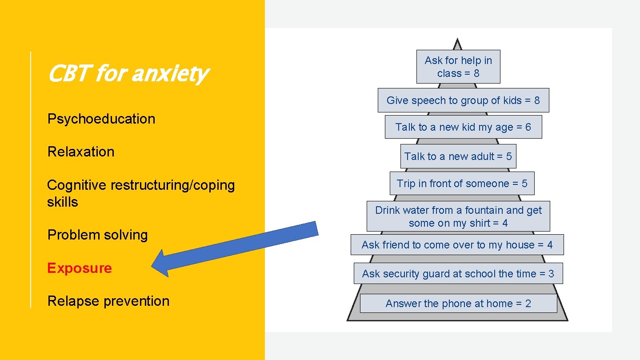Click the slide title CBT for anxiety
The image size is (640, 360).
(127, 74)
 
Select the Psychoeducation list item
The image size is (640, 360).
(101, 119)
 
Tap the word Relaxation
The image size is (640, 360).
(81, 152)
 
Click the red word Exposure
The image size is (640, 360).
(80, 268)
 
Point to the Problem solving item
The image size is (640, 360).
(97, 235)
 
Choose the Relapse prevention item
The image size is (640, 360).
(108, 301)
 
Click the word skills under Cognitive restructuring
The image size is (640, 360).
(62, 202)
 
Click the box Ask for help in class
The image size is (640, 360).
(458, 67)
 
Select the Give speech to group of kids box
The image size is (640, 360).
(463, 100)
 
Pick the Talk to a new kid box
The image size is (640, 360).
(463, 127)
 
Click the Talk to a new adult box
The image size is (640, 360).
(458, 156)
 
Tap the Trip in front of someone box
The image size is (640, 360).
(462, 184)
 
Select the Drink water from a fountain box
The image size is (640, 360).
(458, 216)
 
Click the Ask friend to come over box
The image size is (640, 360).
(457, 245)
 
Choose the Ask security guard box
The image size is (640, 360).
(458, 274)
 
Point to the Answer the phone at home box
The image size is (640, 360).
(458, 304)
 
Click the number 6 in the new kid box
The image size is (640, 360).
(528, 127)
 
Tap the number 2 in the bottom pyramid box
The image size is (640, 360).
(528, 304)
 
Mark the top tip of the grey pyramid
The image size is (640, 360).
(457, 40)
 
